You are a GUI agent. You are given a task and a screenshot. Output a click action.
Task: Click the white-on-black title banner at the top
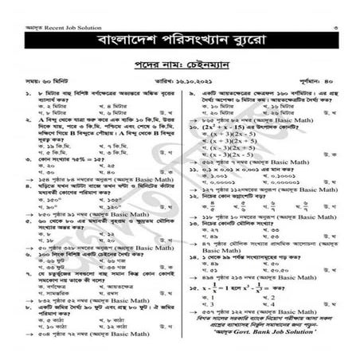tap(180, 38)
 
